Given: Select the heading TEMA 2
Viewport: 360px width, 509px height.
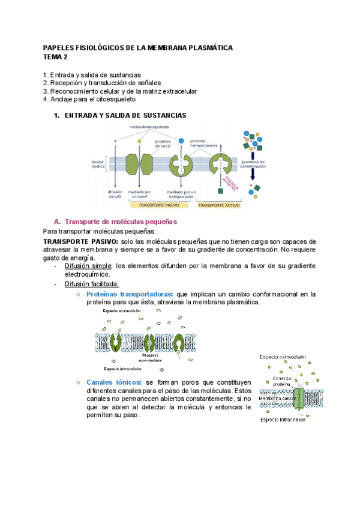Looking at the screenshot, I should pos(56,56).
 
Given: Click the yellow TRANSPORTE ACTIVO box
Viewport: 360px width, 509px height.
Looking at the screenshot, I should pos(218,205).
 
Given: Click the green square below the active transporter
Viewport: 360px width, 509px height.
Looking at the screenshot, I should pos(220,191).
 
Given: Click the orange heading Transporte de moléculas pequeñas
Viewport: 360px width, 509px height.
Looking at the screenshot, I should pos(120,221).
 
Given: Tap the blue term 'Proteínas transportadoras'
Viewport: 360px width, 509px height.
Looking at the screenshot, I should pos(128,294).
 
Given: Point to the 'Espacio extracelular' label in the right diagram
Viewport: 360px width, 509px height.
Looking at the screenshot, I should pos(283,357).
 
